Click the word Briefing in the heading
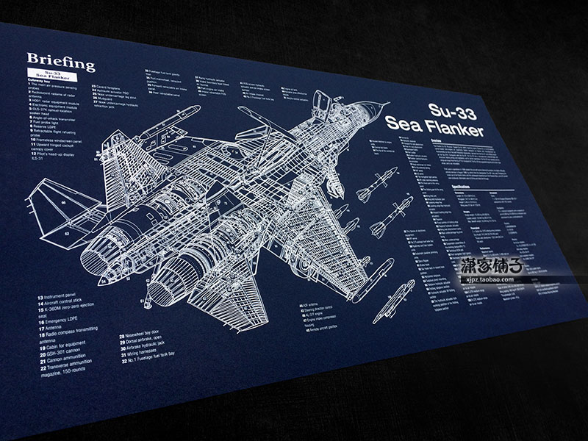(61, 62)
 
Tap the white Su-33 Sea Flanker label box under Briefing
(54, 76)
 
